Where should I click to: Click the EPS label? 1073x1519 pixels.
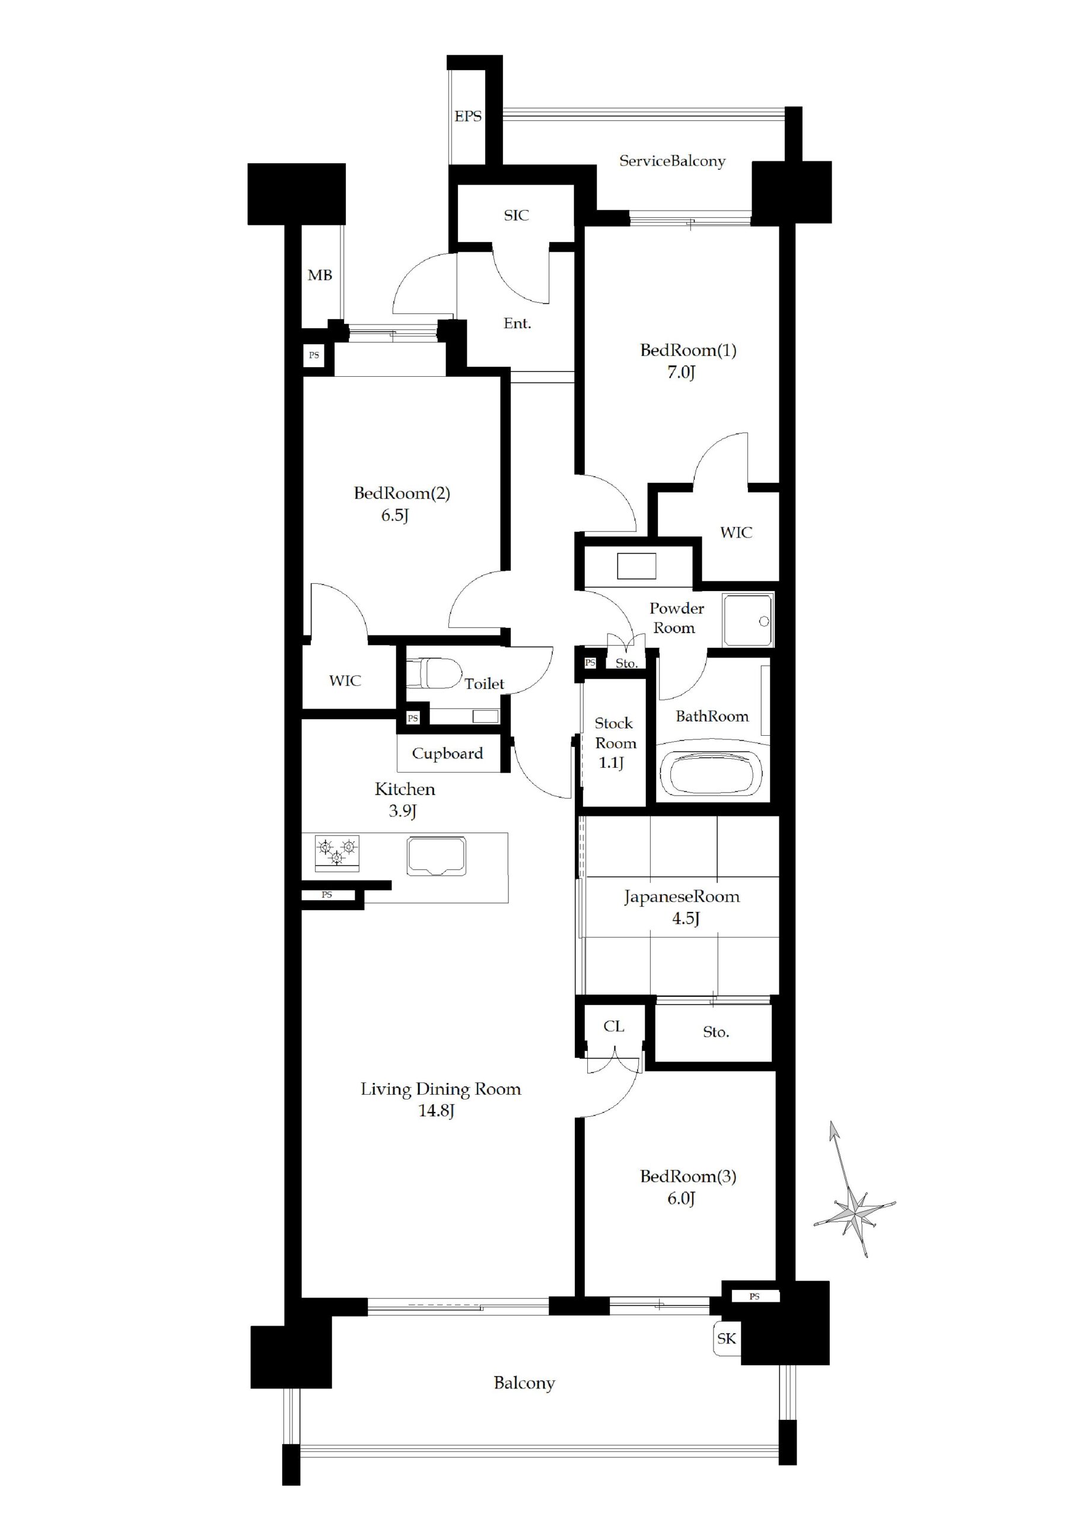468,116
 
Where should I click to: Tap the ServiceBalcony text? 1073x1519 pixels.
672,161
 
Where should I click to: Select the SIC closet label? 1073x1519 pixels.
516,215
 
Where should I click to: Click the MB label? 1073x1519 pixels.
320,275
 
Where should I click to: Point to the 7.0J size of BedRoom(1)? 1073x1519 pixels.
681,373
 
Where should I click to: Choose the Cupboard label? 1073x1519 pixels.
447,754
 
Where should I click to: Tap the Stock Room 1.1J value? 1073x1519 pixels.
612,763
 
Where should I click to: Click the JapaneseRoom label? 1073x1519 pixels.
682,897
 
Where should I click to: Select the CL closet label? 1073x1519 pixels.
613,1026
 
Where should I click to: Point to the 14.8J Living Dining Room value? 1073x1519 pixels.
436,1111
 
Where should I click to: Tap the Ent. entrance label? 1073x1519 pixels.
517,323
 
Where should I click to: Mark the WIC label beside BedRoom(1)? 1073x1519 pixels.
736,533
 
